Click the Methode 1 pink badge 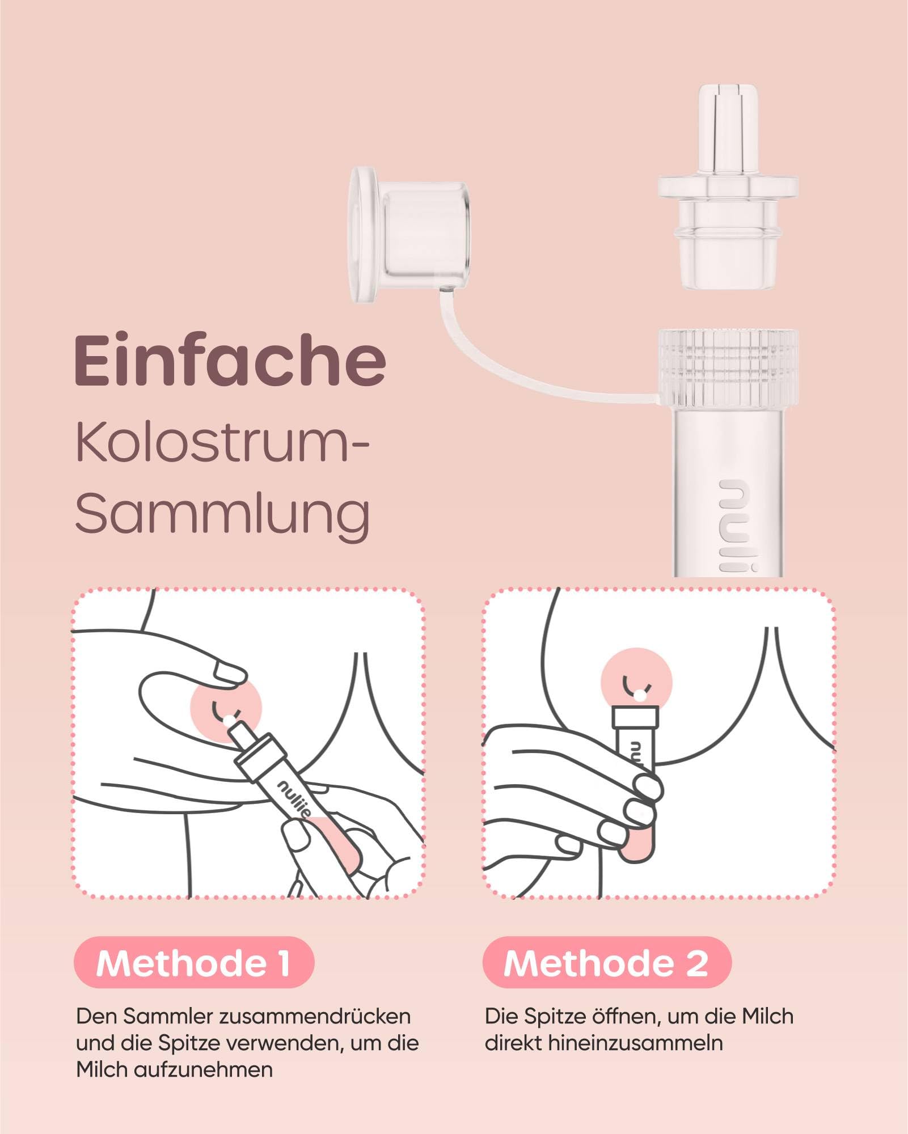click(194, 963)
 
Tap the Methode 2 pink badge click(607, 963)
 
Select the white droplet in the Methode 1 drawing click(228, 721)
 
